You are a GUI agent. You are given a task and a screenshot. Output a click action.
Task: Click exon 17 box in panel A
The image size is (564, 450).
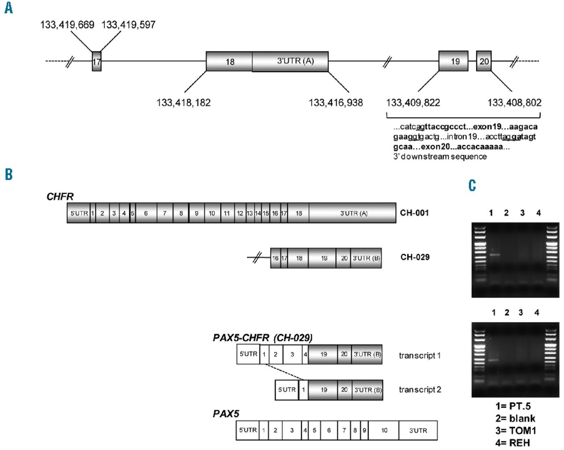(96, 62)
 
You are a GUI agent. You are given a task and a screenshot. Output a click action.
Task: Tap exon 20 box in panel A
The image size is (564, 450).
(484, 61)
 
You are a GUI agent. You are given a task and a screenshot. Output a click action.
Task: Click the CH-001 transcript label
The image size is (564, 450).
(414, 213)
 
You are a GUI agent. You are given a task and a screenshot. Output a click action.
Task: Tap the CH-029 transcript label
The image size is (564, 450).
(415, 257)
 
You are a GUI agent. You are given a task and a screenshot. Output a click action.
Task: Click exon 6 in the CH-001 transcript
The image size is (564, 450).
(146, 213)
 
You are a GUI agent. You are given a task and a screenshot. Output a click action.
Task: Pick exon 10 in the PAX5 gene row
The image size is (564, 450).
(384, 430)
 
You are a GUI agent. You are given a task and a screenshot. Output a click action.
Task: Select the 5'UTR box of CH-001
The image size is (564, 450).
(79, 213)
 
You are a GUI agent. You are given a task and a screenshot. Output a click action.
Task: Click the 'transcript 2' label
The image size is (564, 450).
(419, 390)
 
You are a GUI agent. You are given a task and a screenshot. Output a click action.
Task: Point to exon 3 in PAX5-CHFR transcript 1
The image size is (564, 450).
(292, 354)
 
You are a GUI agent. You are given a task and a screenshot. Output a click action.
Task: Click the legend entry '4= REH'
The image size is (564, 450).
(512, 443)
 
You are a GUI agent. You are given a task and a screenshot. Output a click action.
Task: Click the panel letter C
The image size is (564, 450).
(472, 186)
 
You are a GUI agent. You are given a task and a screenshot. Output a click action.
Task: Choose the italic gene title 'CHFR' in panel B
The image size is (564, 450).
(60, 196)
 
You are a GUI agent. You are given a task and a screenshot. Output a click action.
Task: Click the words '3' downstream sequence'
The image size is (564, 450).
(440, 157)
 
